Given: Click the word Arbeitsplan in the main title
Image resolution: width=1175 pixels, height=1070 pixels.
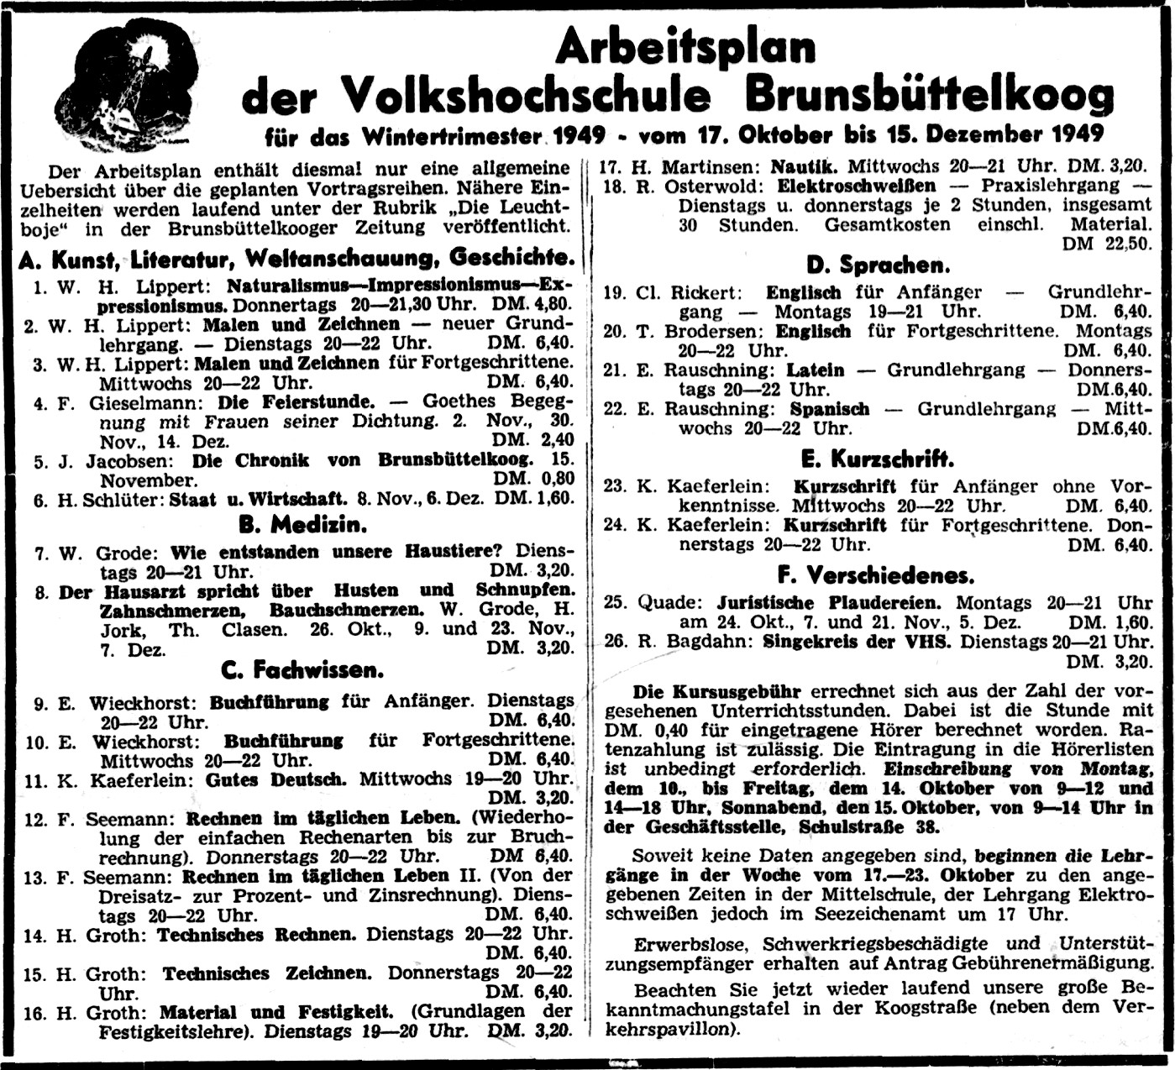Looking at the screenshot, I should [x=685, y=47].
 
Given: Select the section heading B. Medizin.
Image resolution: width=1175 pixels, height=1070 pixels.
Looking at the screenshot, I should [x=302, y=526].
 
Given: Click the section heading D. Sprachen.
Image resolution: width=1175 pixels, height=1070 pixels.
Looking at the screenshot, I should [x=878, y=265].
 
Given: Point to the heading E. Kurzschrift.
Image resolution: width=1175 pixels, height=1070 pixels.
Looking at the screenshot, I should [x=878, y=459].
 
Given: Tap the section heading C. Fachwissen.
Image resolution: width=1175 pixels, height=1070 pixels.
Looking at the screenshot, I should [x=302, y=669].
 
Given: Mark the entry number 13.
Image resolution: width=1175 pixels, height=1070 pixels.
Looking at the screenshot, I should [x=34, y=877].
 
